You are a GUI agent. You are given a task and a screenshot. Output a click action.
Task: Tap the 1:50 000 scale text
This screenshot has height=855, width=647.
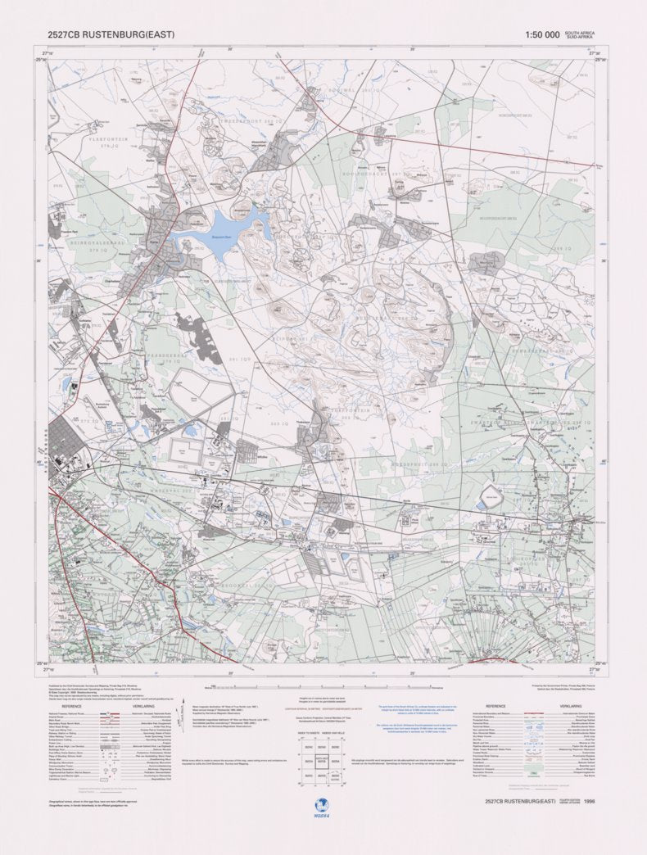click(543, 35)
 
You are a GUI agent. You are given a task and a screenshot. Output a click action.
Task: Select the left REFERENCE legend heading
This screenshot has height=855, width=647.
click(71, 704)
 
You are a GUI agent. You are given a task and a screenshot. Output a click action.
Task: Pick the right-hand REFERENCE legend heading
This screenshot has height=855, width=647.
click(495, 704)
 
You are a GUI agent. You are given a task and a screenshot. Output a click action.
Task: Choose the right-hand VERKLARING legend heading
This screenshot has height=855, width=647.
click(571, 704)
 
